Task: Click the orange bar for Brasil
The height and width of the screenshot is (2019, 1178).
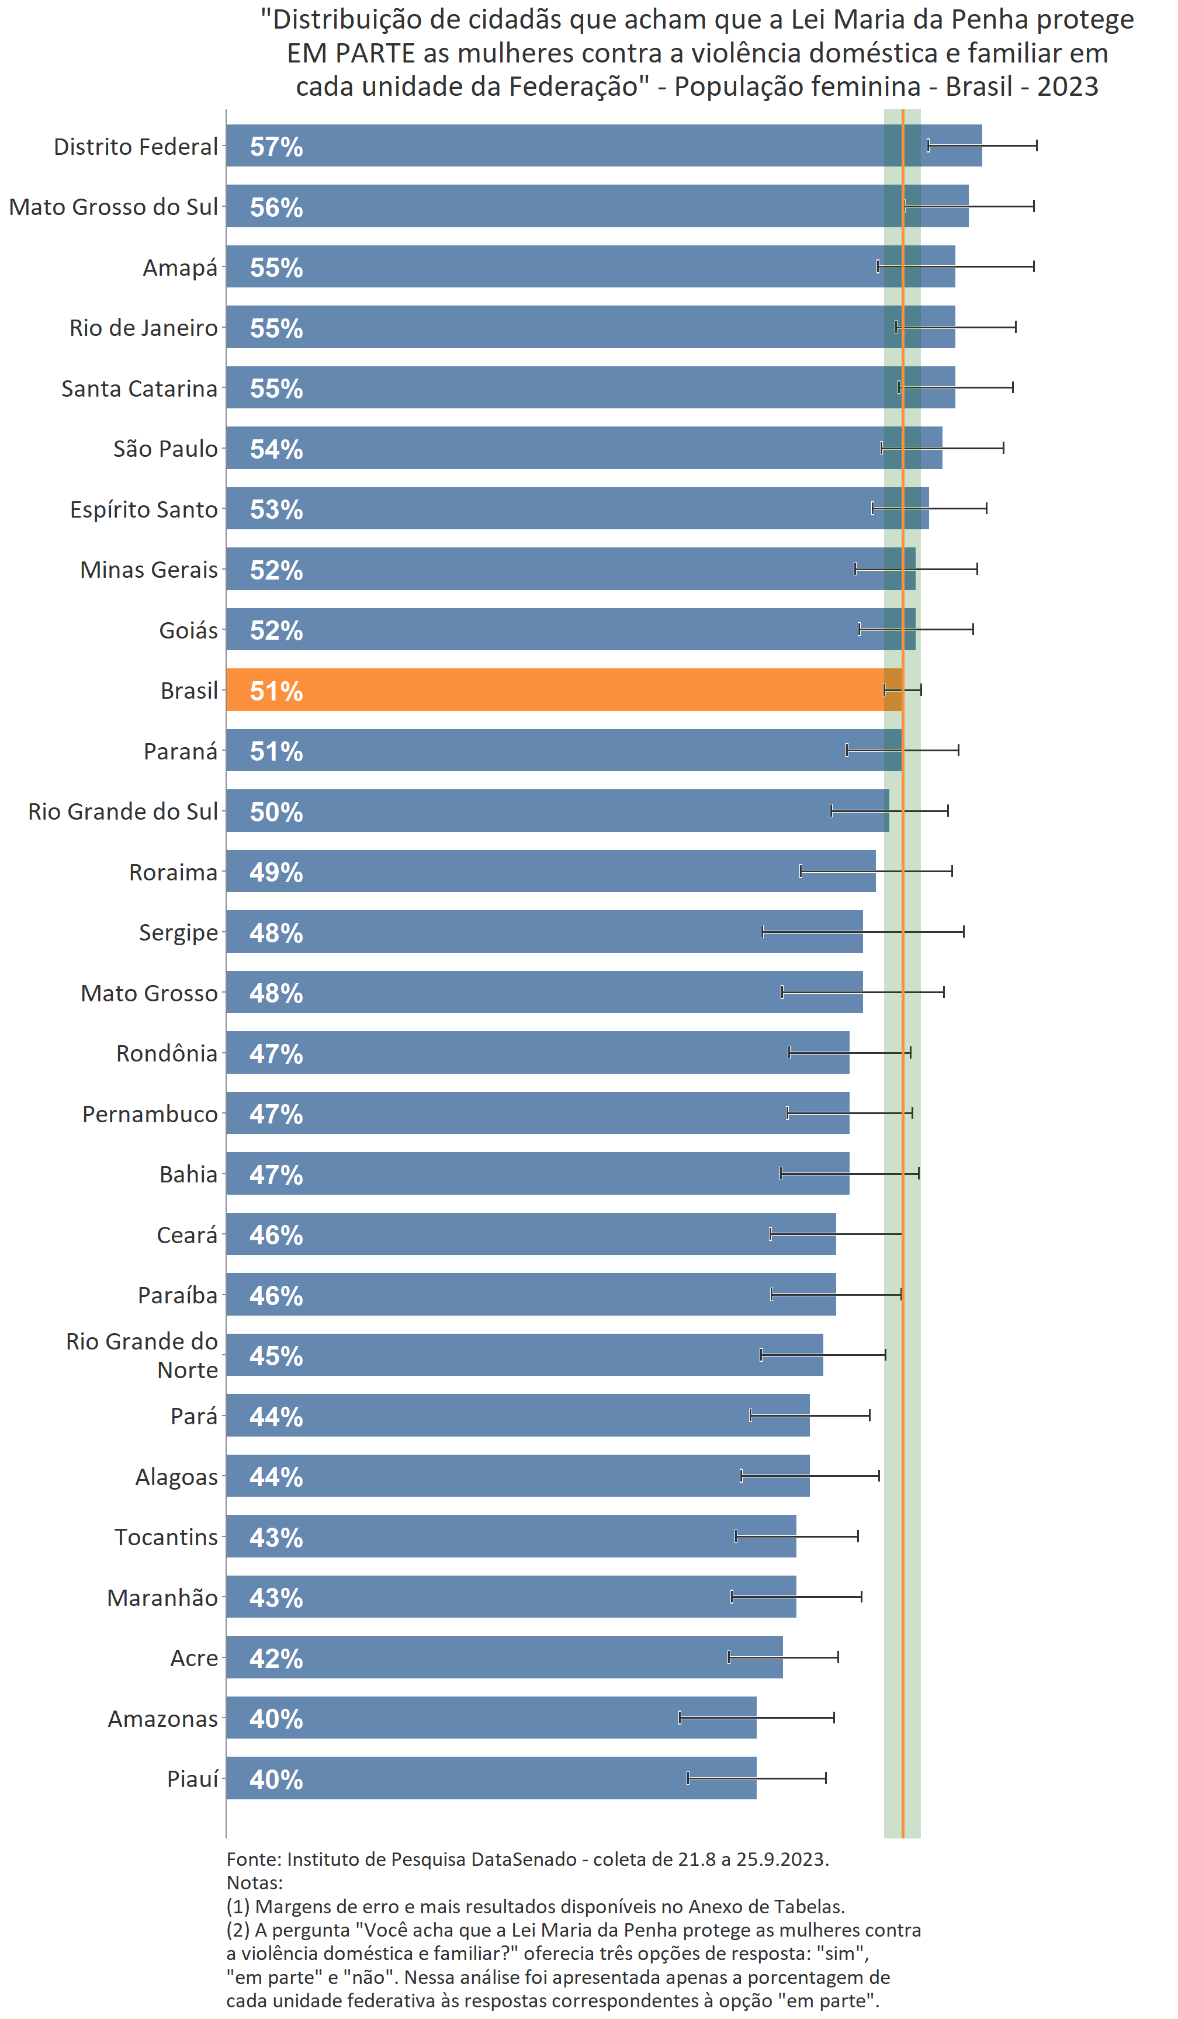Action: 561,690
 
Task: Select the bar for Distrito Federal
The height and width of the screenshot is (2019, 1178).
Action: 601,146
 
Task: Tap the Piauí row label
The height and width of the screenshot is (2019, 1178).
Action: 192,1779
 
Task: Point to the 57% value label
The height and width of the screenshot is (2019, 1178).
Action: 276,147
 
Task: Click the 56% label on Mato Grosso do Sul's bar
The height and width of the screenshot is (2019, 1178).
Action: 276,207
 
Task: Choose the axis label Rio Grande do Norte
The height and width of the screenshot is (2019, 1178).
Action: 142,1355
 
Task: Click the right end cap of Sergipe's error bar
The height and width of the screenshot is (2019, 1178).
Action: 963,931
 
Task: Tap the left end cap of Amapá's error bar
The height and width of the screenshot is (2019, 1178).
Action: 878,266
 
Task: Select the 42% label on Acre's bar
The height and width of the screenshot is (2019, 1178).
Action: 276,1659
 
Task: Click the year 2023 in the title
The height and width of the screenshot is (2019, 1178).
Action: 1068,86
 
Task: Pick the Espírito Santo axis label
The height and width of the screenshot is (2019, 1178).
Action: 144,509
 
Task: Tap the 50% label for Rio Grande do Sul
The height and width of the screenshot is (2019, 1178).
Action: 276,811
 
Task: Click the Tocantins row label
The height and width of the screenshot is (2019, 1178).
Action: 166,1536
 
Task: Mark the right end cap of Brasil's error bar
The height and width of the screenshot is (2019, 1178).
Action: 921,689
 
